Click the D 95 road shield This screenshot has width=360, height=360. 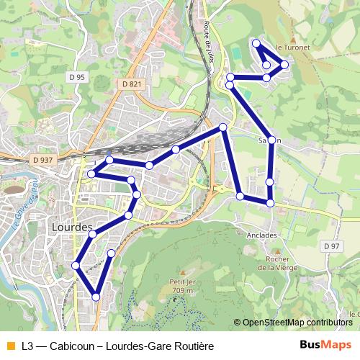pyautogui.click(x=78, y=76)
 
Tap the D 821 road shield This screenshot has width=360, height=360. pyautogui.click(x=132, y=84)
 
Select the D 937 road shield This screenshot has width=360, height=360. pyautogui.click(x=42, y=159)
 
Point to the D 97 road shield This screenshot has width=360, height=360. pyautogui.click(x=331, y=246)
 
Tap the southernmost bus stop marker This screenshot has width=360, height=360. pyautogui.click(x=96, y=294)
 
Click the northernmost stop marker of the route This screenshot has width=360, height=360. pyautogui.click(x=256, y=43)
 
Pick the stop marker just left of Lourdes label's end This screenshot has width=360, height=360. pyautogui.click(x=92, y=234)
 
